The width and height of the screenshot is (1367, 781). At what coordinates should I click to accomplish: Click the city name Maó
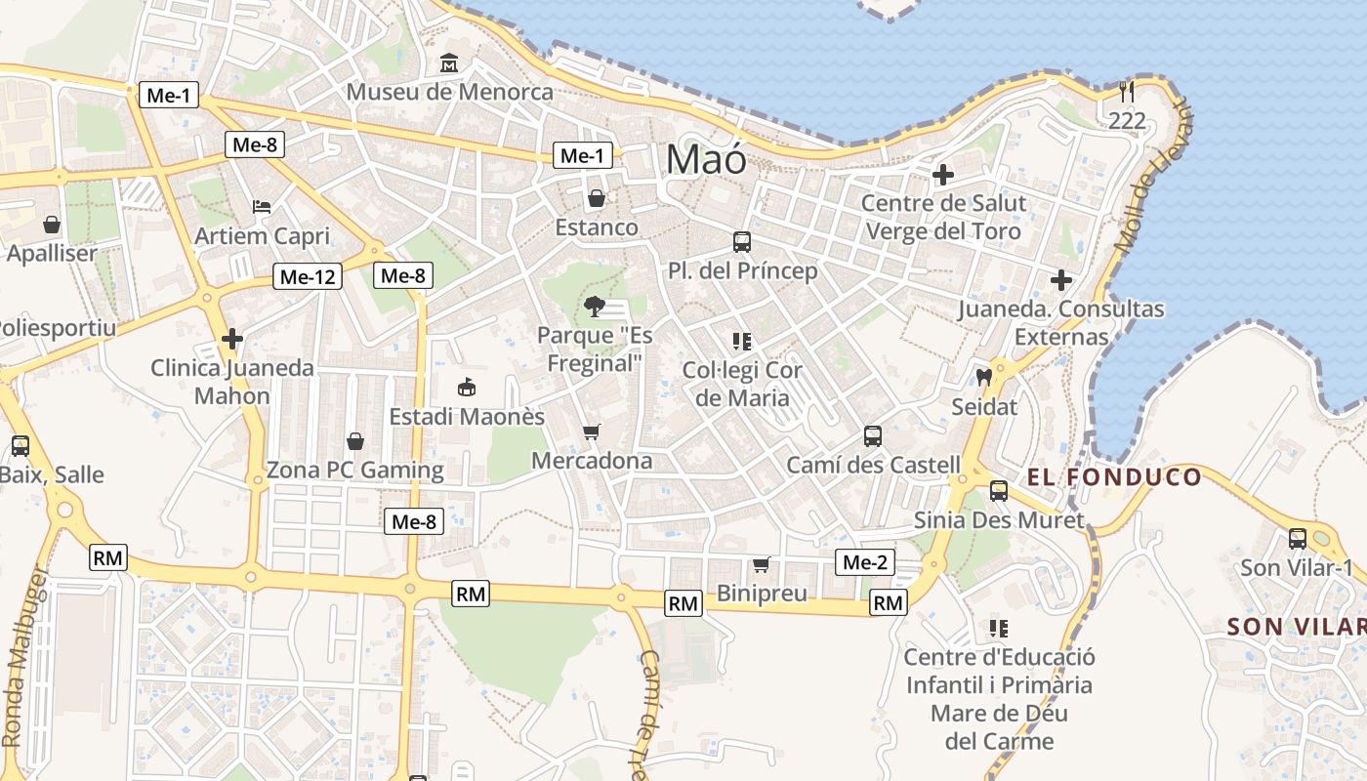click(706, 158)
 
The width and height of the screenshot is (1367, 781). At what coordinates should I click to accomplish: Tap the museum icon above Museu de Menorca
click(449, 63)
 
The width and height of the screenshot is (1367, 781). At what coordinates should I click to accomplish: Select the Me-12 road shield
click(308, 276)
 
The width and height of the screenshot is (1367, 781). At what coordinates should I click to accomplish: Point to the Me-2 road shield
click(865, 562)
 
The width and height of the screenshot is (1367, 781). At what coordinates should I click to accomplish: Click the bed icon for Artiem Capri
click(262, 206)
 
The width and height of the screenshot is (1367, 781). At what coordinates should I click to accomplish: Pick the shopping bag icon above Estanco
click(596, 199)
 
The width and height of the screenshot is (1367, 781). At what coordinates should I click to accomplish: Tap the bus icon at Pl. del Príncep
click(742, 241)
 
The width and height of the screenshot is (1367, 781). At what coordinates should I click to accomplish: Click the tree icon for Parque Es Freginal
click(593, 308)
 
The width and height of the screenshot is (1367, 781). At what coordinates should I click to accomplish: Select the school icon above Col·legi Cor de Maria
click(742, 342)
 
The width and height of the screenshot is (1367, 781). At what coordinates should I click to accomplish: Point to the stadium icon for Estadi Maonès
click(467, 388)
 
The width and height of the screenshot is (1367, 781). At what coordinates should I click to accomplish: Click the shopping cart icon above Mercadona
click(591, 432)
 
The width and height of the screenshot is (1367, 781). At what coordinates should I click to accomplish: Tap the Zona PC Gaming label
click(355, 471)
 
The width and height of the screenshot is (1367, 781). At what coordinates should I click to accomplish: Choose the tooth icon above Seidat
click(983, 377)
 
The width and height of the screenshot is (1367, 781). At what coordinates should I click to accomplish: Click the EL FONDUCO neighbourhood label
click(1114, 477)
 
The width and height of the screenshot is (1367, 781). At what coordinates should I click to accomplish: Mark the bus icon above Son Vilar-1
click(1298, 538)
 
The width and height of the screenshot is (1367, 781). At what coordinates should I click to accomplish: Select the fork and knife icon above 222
click(1127, 92)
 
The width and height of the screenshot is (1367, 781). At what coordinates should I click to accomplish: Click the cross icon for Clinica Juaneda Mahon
click(232, 339)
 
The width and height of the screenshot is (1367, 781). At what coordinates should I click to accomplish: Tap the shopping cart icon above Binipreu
click(762, 564)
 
